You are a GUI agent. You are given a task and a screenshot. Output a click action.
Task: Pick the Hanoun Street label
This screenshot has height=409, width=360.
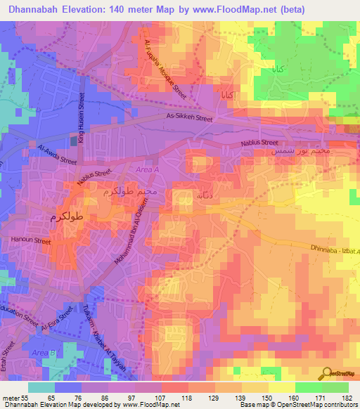click(31, 240)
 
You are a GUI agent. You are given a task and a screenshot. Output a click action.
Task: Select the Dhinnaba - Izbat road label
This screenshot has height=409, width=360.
click(335, 249)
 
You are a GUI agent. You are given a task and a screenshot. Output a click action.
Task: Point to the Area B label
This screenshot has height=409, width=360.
click(43, 352)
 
